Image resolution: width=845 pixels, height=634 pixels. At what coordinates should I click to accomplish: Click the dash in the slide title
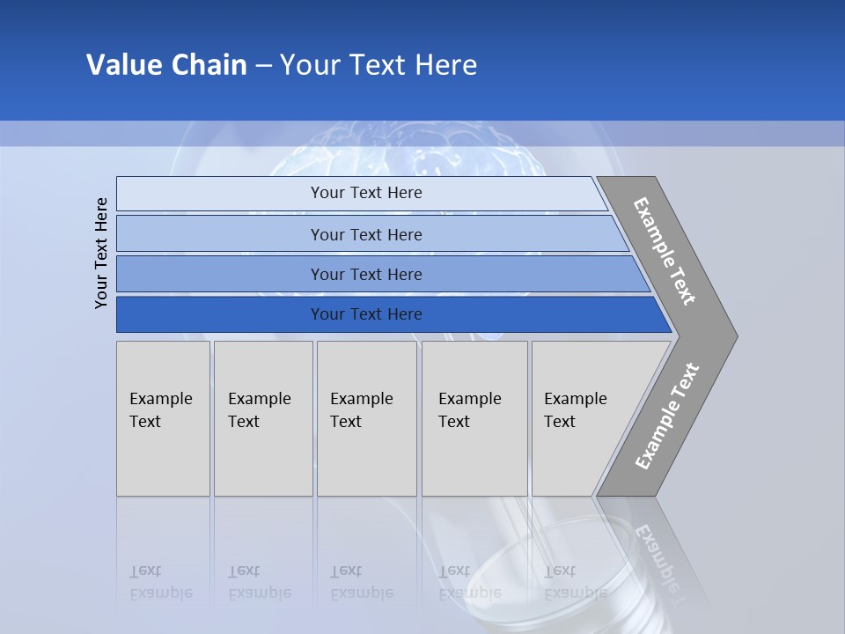[x=263, y=66]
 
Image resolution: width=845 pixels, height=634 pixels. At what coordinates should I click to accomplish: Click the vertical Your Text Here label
[x=101, y=253]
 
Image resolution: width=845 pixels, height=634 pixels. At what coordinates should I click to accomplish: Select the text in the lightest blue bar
[x=366, y=193]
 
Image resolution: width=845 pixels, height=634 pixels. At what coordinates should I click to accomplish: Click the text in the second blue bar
[x=366, y=235]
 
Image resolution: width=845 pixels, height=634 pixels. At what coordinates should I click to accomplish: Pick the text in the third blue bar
[x=366, y=275]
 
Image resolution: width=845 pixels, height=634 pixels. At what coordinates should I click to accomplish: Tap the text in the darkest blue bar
[x=366, y=314]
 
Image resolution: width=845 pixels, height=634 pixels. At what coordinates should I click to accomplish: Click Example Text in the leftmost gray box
[x=160, y=410]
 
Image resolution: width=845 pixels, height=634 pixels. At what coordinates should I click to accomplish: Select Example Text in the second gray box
[x=259, y=410]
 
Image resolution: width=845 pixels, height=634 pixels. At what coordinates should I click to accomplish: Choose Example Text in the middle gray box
[x=361, y=410]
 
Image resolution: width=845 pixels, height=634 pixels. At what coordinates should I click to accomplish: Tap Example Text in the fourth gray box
[x=469, y=410]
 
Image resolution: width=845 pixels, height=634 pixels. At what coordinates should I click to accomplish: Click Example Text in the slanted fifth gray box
[x=575, y=410]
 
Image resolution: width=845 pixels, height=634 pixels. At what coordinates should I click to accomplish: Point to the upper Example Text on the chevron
[x=665, y=251]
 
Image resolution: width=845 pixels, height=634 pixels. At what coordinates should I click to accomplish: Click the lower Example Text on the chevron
[x=666, y=417]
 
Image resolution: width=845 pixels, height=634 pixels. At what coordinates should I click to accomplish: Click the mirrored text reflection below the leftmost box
[x=160, y=582]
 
